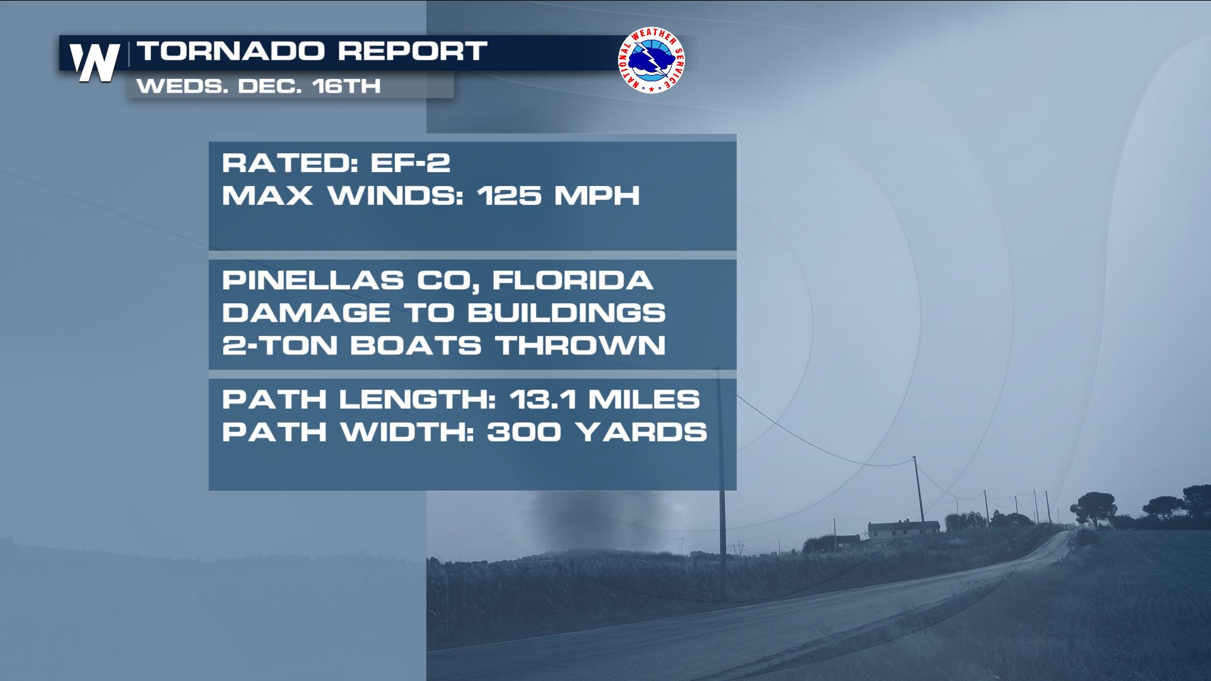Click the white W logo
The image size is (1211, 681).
coord(95,62)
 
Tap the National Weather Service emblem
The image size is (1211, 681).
coord(652,60)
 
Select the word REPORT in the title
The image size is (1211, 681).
coord(412,51)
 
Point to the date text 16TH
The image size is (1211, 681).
coord(346,86)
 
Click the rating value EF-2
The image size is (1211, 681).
coord(410,163)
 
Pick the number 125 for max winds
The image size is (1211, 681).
coord(510,195)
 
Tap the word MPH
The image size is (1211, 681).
coord(597,195)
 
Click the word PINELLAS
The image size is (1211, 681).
coord(313,281)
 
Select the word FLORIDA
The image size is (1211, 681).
coord(573,281)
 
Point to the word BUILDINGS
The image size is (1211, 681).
coord(566,313)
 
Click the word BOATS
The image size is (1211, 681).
coord(416,346)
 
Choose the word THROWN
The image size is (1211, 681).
coord(580,346)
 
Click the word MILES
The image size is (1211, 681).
coord(644,399)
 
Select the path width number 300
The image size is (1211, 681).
coord(524,432)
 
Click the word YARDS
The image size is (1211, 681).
coord(641,432)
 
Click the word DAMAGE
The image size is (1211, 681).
coord(306,313)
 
